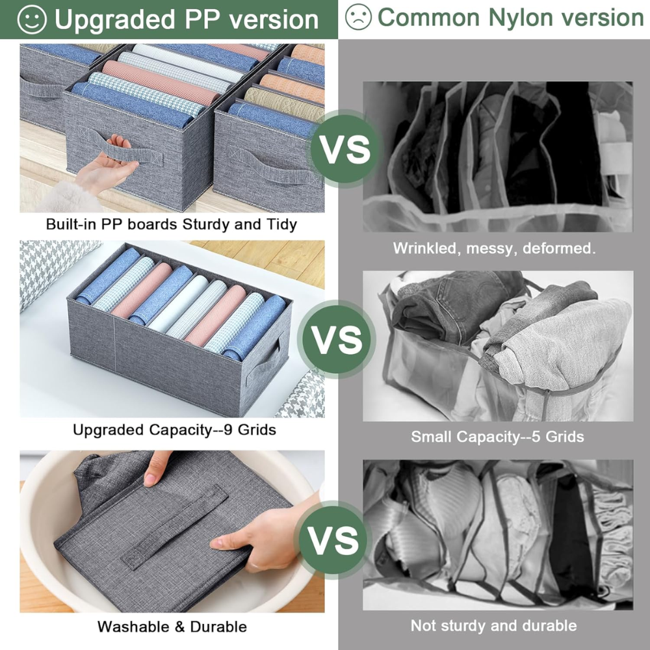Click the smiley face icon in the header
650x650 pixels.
click(32, 19)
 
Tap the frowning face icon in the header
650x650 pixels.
click(358, 17)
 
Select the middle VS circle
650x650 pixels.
click(337, 339)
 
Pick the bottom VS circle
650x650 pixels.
click(333, 539)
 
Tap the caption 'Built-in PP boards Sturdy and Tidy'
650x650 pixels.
click(171, 224)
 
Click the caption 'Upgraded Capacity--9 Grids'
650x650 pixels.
click(174, 430)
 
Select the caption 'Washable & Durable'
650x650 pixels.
click(172, 627)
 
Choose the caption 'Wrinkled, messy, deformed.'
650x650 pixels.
click(494, 248)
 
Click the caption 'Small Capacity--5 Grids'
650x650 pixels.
click(497, 437)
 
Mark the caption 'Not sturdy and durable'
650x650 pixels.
click(494, 625)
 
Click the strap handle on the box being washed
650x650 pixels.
click(174, 526)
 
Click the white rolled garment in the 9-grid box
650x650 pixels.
click(178, 304)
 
